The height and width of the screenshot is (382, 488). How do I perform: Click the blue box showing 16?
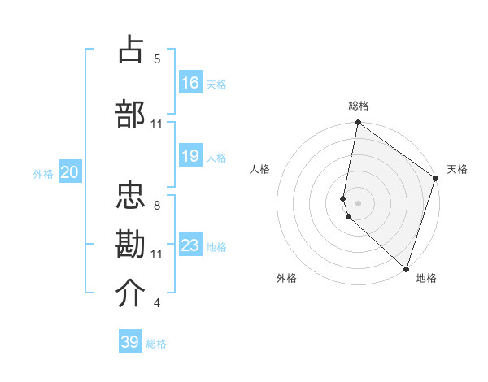(x=190, y=83)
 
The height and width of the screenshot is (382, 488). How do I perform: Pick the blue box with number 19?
(x=190, y=156)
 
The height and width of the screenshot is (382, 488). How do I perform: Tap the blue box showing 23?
(x=190, y=245)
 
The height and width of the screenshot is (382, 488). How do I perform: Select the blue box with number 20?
(x=70, y=172)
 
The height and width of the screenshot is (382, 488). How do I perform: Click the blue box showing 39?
(x=130, y=342)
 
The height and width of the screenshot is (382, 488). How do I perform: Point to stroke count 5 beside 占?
(x=157, y=59)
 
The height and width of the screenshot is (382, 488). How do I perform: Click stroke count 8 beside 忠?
(x=157, y=206)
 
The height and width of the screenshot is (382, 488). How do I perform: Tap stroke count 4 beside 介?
(x=157, y=303)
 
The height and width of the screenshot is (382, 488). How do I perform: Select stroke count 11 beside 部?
(x=157, y=124)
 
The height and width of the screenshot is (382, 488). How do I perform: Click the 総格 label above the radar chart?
(x=359, y=106)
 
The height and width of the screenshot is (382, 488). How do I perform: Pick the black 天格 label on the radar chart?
(x=457, y=169)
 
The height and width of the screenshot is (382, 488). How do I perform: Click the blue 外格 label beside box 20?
(x=43, y=173)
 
